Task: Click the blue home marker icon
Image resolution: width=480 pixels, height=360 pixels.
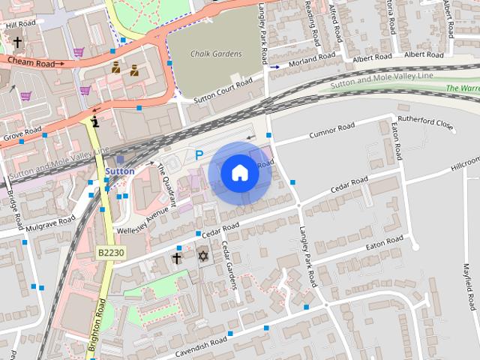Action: point(239,173)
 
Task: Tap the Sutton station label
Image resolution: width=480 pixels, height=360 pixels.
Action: point(120,171)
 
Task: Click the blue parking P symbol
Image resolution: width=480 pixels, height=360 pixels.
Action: point(199,155)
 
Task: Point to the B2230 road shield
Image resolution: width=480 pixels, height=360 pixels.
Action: point(111,253)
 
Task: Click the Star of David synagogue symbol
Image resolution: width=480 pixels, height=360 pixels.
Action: point(202,257)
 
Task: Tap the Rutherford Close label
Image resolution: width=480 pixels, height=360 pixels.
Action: point(426,124)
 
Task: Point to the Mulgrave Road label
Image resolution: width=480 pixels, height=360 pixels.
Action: point(51,223)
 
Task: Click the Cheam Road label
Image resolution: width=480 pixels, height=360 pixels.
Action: point(31,63)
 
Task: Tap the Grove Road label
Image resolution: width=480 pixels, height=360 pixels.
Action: point(22,136)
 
